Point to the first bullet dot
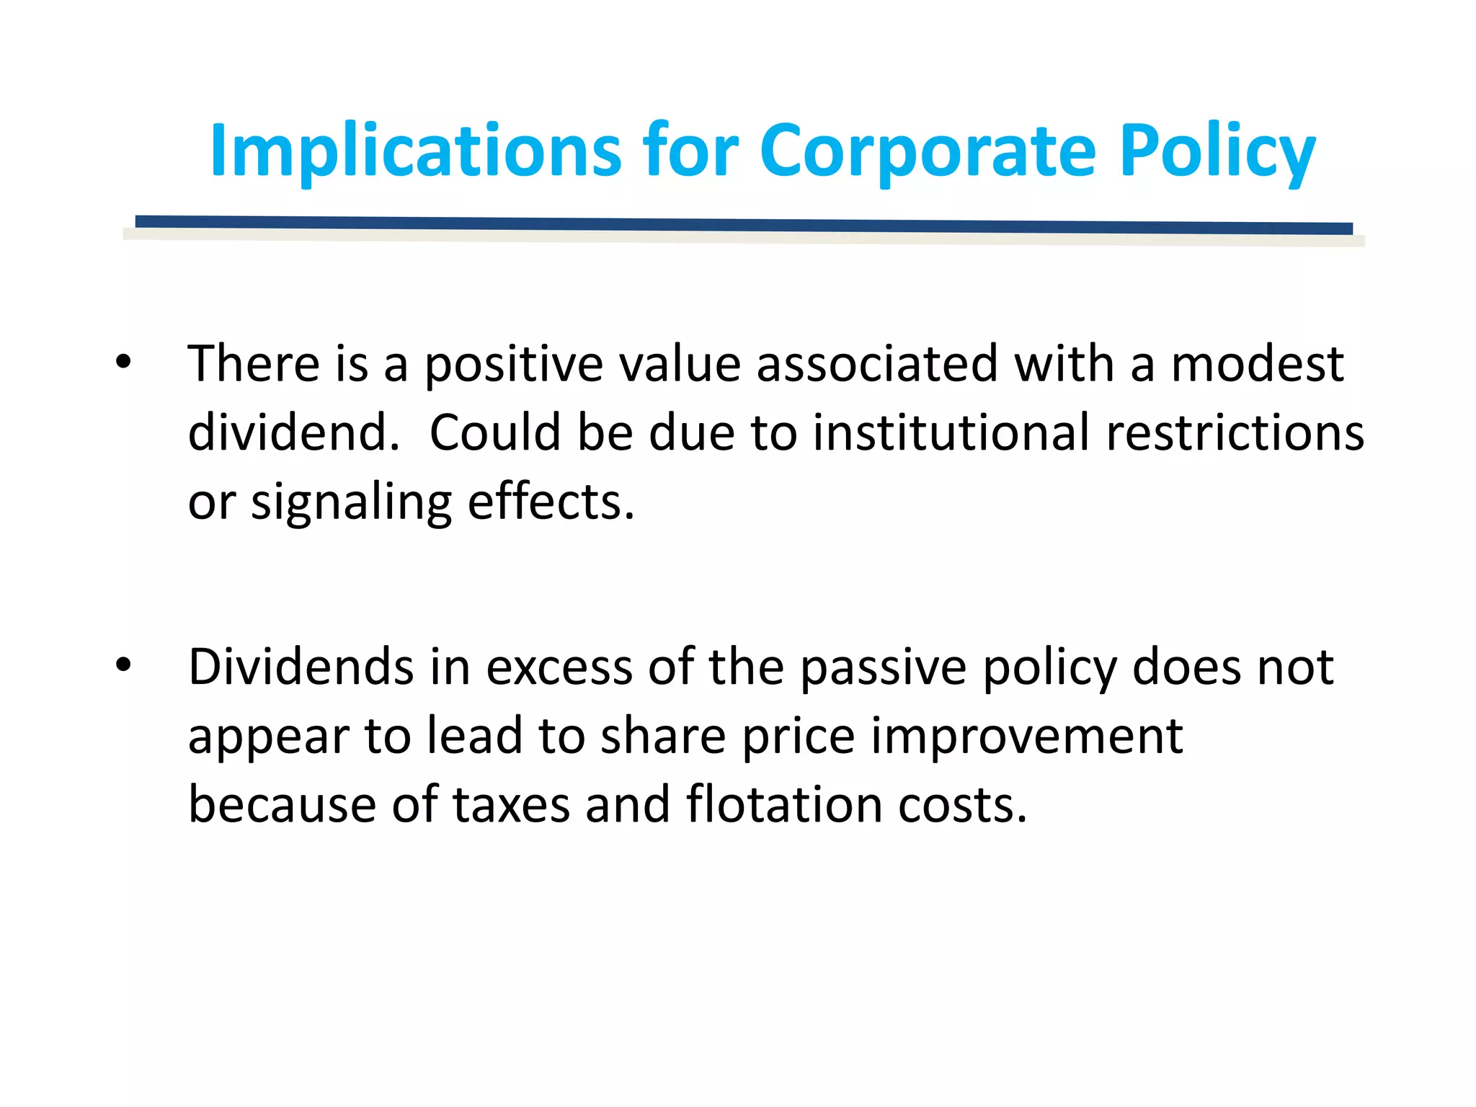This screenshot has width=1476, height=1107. [123, 363]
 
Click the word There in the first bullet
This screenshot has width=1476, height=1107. [254, 363]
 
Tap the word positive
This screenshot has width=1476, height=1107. [513, 365]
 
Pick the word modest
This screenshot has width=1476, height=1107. [1257, 363]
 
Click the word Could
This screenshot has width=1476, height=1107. [495, 432]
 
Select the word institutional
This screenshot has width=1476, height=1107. [951, 432]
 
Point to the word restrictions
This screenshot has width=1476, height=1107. [1235, 432]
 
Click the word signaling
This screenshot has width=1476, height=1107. [351, 502]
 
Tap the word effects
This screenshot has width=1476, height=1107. [551, 502]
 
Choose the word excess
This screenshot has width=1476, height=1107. [559, 667]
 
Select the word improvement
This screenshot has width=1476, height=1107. [1026, 737]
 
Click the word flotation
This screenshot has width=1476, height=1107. [784, 805]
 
